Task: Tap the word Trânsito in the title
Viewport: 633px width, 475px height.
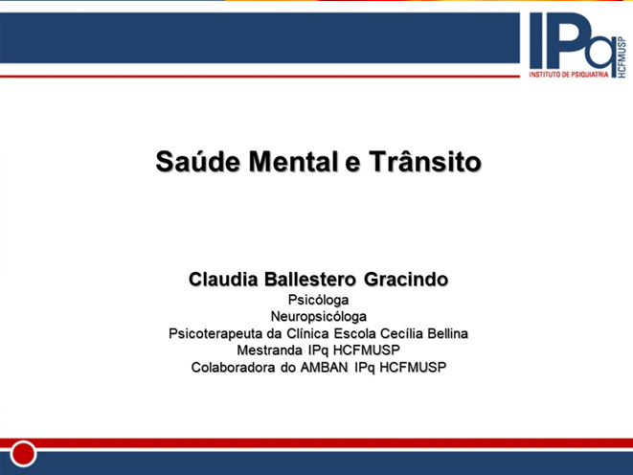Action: [x=425, y=162]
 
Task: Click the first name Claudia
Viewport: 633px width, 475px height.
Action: [x=223, y=280]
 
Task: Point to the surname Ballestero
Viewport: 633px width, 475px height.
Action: [x=310, y=280]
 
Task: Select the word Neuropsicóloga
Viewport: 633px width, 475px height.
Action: [x=319, y=317]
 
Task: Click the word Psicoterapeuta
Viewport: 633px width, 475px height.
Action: [x=215, y=334]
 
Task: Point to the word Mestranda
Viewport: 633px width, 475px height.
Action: [x=269, y=350]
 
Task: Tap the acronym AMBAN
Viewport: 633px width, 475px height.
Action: [x=325, y=367]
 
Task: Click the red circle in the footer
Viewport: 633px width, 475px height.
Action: [x=23, y=454]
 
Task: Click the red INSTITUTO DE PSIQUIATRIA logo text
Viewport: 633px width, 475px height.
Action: [x=569, y=75]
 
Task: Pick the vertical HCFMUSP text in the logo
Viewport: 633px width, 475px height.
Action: [x=622, y=57]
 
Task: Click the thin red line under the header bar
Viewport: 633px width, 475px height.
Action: [x=260, y=76]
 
